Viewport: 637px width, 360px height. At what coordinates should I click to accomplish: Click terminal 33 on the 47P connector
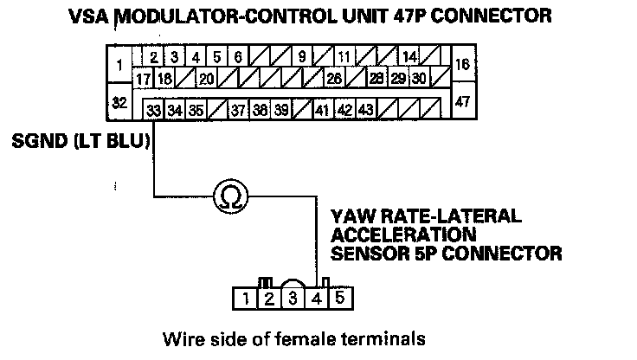[153, 110]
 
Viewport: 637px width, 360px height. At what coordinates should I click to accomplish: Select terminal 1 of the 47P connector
[119, 64]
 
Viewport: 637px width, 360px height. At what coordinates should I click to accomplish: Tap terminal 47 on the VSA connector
[463, 100]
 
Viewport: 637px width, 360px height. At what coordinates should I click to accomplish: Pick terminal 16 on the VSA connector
[463, 63]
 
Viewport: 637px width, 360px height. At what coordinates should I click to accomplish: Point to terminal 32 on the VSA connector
[119, 102]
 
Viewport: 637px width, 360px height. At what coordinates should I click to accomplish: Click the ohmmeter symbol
[231, 196]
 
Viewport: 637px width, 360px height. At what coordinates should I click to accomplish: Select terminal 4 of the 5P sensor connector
[317, 299]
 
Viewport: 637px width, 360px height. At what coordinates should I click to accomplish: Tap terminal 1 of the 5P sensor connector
[245, 299]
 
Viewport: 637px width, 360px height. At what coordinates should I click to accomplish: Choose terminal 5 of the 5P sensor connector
[340, 299]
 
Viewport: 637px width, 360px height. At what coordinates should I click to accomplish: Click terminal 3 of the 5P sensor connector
[293, 299]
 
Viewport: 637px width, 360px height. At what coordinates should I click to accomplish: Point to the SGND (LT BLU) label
[80, 141]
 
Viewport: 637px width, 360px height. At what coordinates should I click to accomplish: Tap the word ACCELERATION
[403, 235]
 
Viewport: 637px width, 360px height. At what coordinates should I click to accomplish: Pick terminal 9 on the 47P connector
[302, 56]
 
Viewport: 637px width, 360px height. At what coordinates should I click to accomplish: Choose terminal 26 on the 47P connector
[334, 78]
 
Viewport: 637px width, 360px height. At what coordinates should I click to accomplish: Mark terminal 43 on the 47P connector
[365, 110]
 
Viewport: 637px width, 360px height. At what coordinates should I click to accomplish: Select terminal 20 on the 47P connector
[206, 78]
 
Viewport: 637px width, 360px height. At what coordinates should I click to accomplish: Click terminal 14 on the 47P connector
[409, 56]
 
